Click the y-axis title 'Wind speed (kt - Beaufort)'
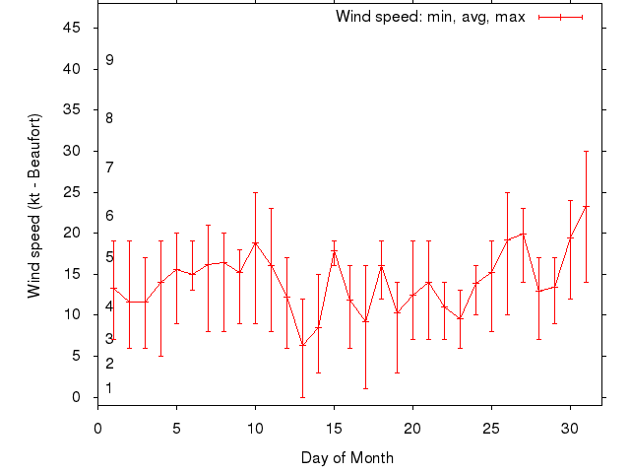pyautogui.click(x=34, y=205)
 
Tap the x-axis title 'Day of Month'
pyautogui.click(x=347, y=457)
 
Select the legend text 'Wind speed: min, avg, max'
pyautogui.click(x=430, y=17)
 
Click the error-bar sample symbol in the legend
pyautogui.click(x=561, y=17)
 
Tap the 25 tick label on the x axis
pyautogui.click(x=491, y=429)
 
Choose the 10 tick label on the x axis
pyautogui.click(x=255, y=429)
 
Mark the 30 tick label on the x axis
pyautogui.click(x=570, y=429)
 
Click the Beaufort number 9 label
pyautogui.click(x=109, y=60)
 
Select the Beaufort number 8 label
pyautogui.click(x=109, y=118)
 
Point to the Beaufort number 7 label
pyautogui.click(x=109, y=168)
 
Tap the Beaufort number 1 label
pyautogui.click(x=109, y=388)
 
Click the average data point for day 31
pyautogui.click(x=586, y=207)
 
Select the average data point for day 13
pyautogui.click(x=302, y=345)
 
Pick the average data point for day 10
pyautogui.click(x=255, y=243)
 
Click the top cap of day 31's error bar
pyautogui.click(x=586, y=151)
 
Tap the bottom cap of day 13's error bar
pyautogui.click(x=302, y=397)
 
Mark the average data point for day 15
pyautogui.click(x=334, y=251)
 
